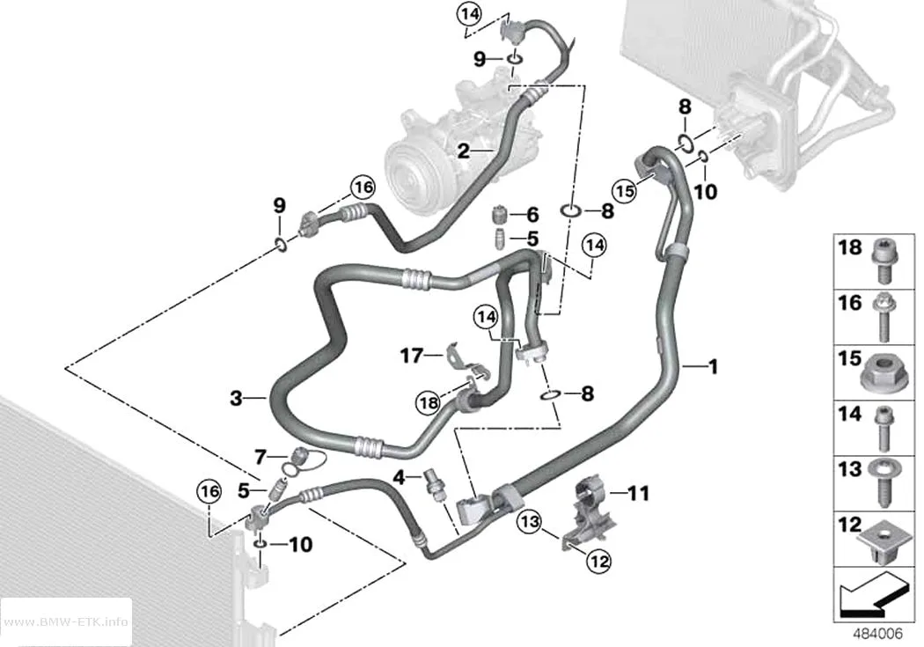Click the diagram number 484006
[x=878, y=634]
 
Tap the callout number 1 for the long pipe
[x=713, y=366]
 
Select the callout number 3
[x=237, y=399]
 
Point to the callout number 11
[x=640, y=493]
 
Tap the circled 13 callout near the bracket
[x=530, y=521]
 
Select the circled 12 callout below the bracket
[x=598, y=561]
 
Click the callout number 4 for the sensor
[x=399, y=476]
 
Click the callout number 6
[x=532, y=214]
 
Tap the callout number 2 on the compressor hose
[x=464, y=151]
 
